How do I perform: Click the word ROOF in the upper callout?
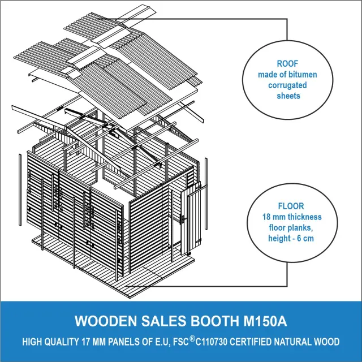point(287,64)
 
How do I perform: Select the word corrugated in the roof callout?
point(287,85)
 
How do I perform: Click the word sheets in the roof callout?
point(287,96)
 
